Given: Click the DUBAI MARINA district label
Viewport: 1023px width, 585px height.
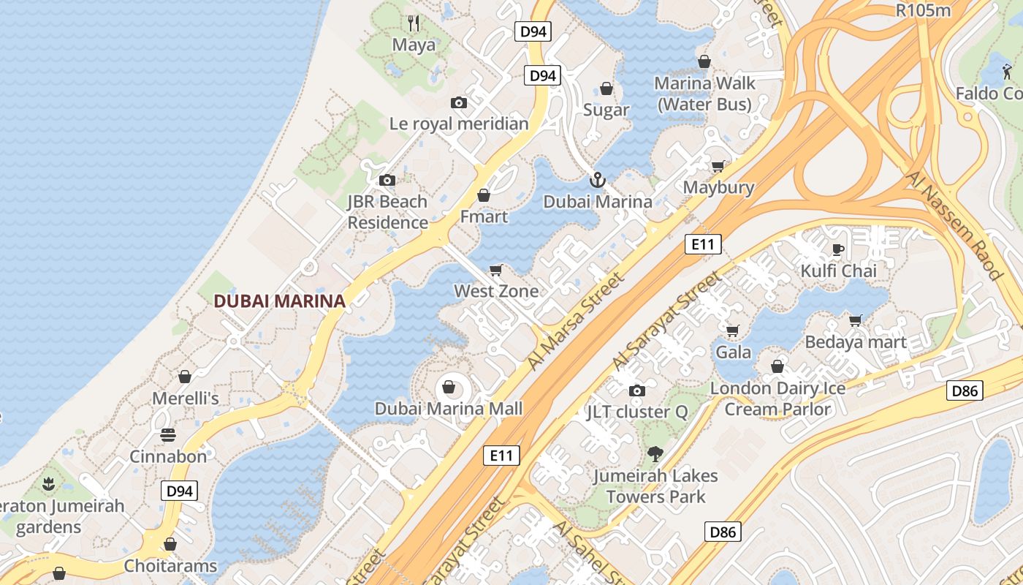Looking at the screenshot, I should point(279,301).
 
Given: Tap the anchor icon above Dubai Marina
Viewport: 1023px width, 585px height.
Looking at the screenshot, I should point(598,179).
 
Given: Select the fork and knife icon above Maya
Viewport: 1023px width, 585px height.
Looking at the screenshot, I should point(414,23).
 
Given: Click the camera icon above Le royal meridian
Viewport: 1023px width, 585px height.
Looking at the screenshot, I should point(459,102).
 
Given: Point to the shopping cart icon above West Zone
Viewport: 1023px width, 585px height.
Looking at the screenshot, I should point(496,270).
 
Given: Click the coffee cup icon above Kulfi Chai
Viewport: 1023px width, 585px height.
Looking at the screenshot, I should point(838,249).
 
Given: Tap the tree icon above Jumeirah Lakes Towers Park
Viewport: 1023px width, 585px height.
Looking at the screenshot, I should point(655,454).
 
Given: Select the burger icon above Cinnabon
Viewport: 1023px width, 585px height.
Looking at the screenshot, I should point(168,435).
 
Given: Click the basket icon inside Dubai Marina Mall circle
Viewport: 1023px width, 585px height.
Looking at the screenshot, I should point(449,386).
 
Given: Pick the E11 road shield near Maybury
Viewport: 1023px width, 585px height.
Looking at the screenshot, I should point(703,244).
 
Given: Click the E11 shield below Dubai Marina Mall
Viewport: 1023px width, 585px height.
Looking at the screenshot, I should point(501,456).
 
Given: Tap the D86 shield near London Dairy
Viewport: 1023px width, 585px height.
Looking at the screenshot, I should point(965,390).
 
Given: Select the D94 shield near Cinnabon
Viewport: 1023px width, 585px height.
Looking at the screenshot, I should point(179,491).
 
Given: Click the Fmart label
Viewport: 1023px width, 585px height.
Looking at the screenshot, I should point(484,216).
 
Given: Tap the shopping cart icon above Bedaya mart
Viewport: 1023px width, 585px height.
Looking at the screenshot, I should point(856,320).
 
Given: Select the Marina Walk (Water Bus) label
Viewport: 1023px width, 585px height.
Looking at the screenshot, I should point(704,94).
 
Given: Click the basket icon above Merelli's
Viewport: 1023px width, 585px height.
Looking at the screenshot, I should point(185,377).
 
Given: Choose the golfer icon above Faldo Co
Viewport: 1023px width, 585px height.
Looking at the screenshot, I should point(1008,71).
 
